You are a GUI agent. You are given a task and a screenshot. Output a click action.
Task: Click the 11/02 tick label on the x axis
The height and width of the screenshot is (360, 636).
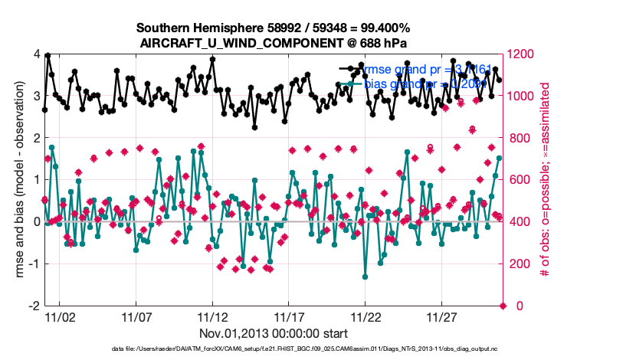tap(60, 316)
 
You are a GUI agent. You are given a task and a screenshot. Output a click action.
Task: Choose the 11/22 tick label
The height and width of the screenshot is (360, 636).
tap(366, 316)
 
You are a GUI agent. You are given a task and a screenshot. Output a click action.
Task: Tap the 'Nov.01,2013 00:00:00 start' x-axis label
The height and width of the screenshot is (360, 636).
tap(274, 333)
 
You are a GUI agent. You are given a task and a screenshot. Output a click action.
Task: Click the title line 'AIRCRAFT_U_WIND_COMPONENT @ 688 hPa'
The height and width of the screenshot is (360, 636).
tap(274, 43)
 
